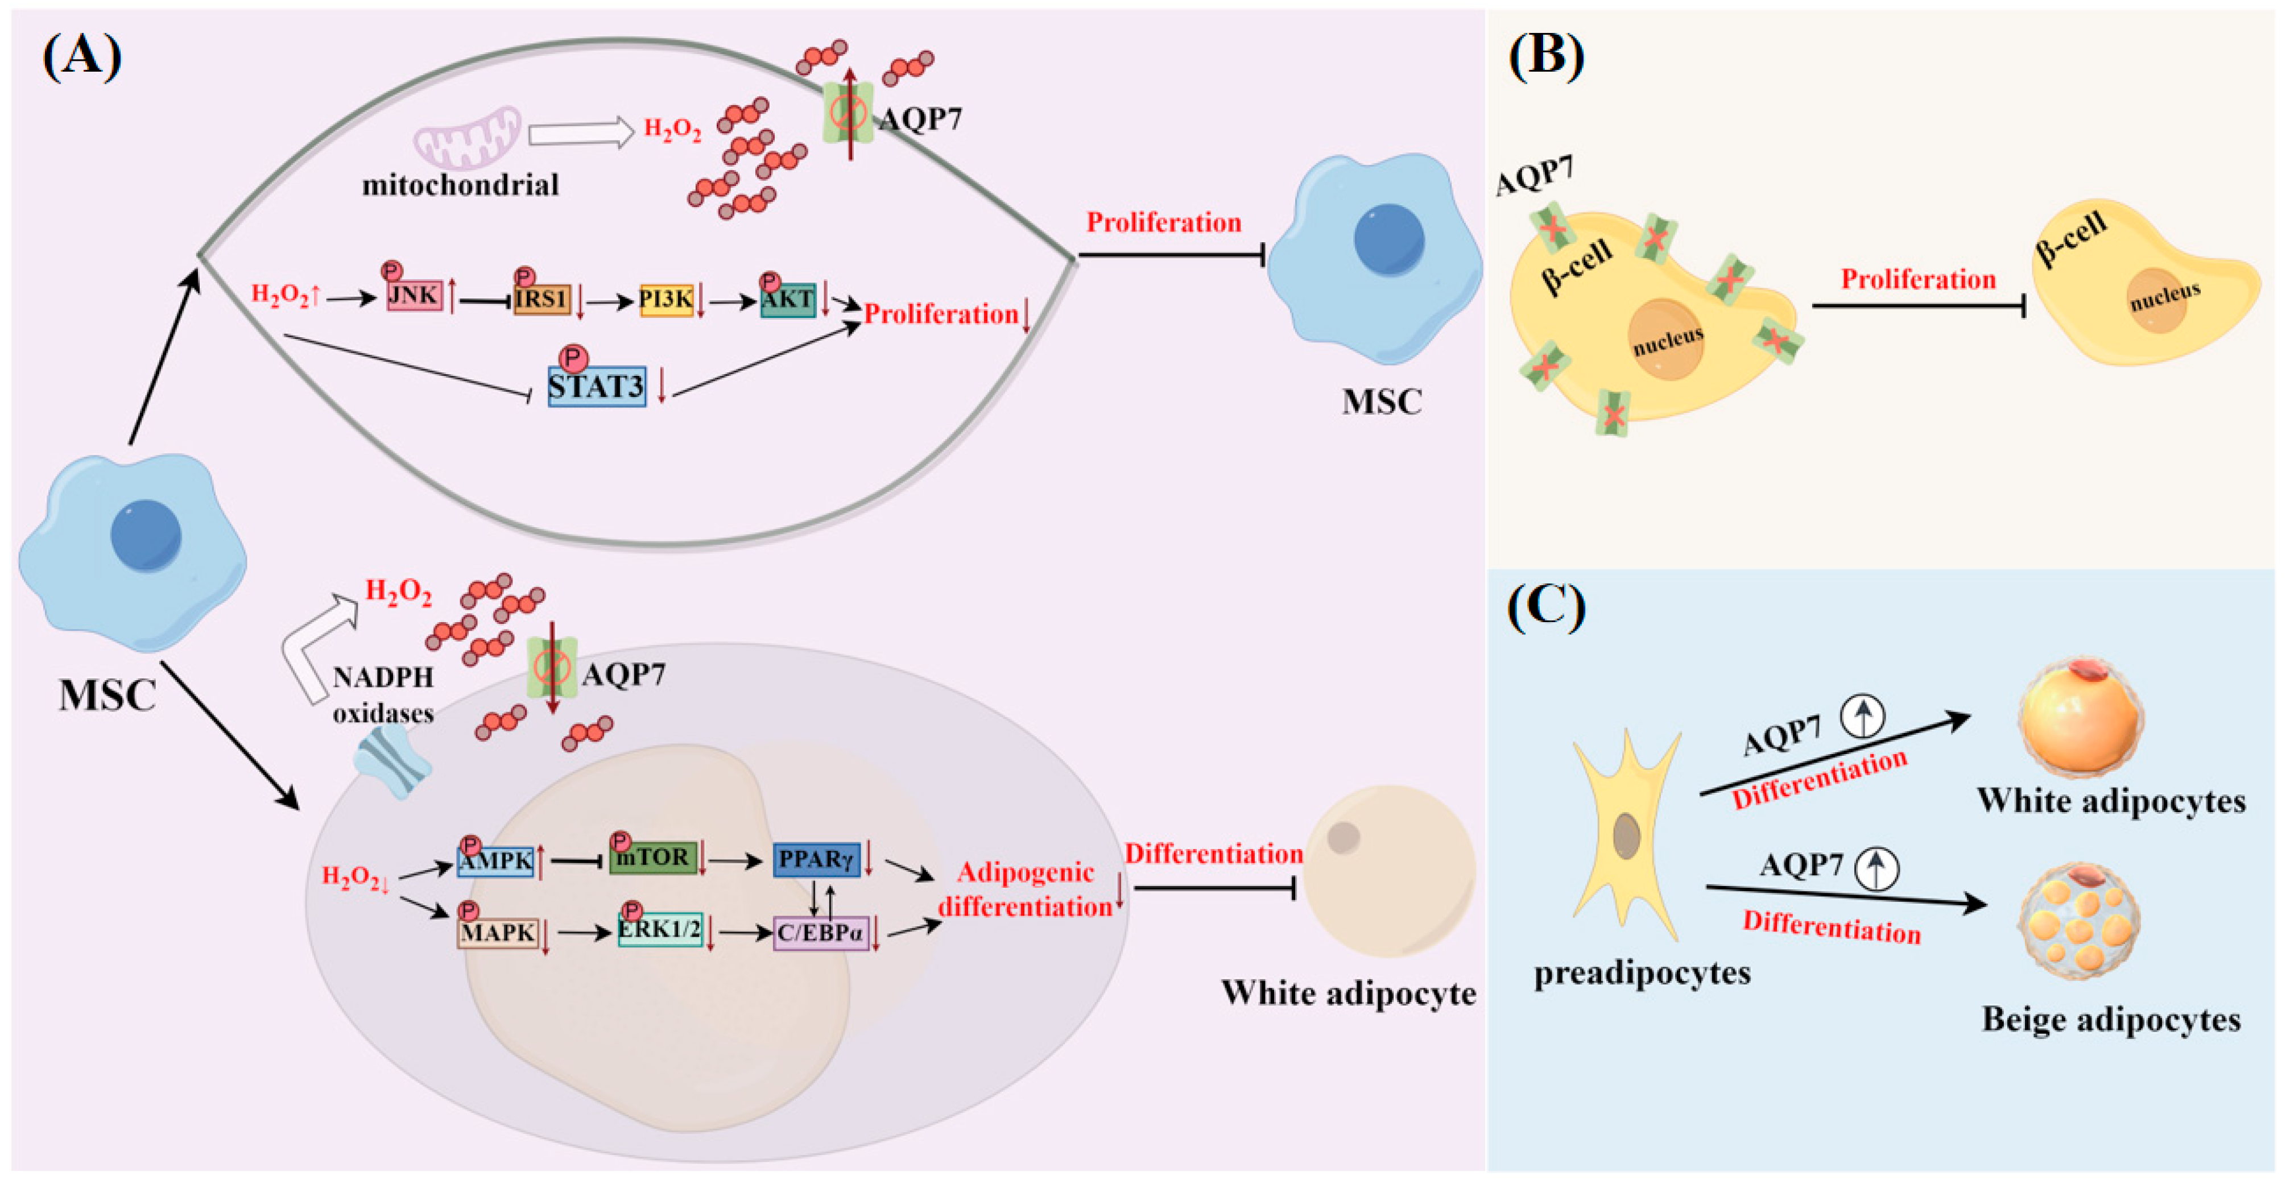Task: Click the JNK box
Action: (414, 295)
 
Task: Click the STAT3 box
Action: (596, 387)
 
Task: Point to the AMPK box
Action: (495, 860)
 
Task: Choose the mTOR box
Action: (652, 858)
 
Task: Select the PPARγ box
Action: (816, 859)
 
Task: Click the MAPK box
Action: (498, 933)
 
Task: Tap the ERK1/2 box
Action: (659, 930)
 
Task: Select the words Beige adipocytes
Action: (2110, 1020)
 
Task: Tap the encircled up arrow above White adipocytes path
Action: (1862, 715)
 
